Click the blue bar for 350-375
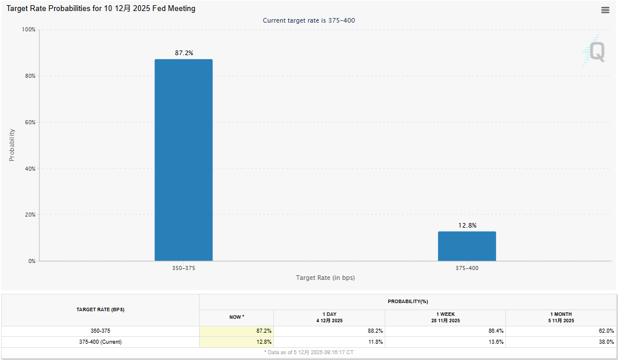183,160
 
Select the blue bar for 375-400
467,246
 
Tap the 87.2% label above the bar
184,53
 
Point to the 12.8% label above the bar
467,225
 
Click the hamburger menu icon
605,10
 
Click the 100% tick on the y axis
28,30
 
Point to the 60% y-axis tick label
29,123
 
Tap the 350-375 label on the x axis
183,268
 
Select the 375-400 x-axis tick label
467,268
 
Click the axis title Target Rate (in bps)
325,278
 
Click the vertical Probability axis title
12,145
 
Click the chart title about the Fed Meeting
101,9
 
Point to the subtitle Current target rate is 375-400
309,20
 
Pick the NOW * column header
237,317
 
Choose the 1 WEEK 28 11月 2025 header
445,318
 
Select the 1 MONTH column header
561,318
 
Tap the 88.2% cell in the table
375,331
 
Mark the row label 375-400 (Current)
100,342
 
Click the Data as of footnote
309,352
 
